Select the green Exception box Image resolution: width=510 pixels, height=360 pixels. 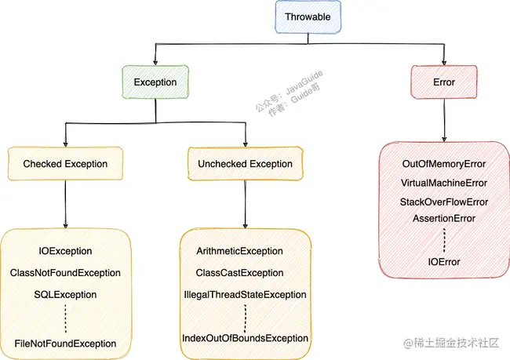click(x=155, y=82)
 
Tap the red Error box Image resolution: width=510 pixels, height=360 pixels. click(x=443, y=82)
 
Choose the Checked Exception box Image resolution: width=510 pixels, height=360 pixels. click(x=65, y=164)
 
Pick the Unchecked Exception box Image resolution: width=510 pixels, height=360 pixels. click(x=246, y=164)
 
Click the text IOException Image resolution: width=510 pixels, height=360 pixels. click(x=65, y=251)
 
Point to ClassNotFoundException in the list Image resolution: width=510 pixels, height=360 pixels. click(x=65, y=273)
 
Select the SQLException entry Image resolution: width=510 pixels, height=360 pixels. click(x=65, y=294)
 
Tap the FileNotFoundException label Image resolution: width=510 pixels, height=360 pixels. click(x=65, y=344)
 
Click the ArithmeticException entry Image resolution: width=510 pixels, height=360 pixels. click(x=245, y=251)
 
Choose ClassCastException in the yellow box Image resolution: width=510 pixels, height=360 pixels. click(x=245, y=273)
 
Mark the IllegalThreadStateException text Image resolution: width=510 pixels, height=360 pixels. click(x=245, y=295)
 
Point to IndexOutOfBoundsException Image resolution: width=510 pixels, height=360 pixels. click(x=245, y=337)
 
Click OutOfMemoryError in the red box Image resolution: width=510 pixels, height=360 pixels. click(x=444, y=165)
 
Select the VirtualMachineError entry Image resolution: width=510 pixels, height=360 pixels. click(x=444, y=183)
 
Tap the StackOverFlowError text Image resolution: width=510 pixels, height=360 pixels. click(x=444, y=202)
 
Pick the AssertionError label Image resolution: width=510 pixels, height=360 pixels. click(x=444, y=218)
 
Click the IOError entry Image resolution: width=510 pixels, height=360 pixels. click(x=444, y=261)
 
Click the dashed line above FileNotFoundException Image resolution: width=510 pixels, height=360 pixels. click(x=66, y=318)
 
